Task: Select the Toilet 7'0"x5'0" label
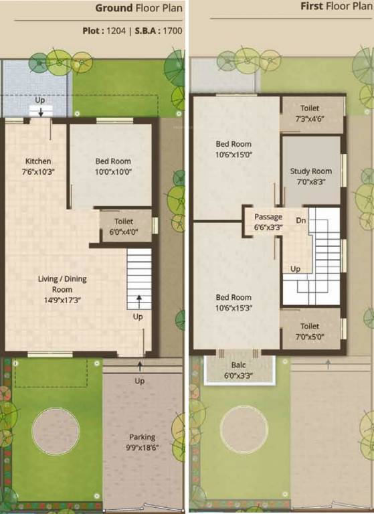(x=310, y=332)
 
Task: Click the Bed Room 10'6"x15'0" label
(x=233, y=149)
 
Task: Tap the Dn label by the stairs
(x=301, y=220)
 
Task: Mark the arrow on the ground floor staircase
(x=139, y=299)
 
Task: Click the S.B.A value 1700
(x=172, y=30)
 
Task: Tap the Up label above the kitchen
(x=40, y=100)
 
